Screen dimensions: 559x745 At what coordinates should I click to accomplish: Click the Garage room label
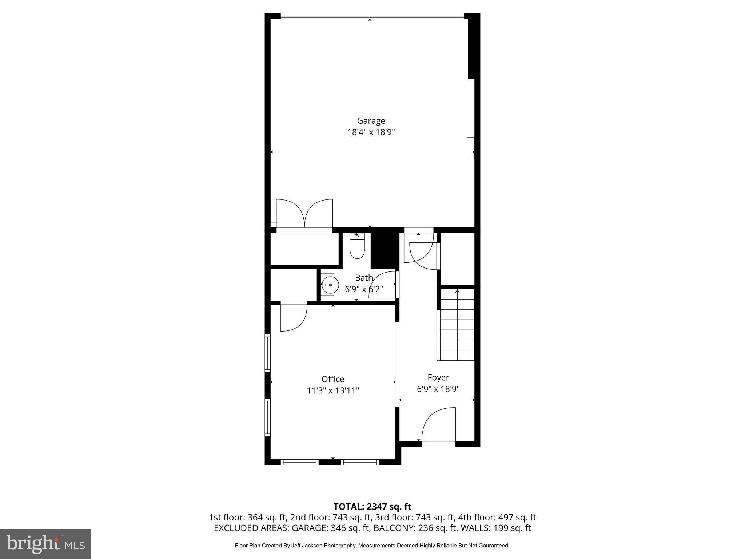(x=371, y=120)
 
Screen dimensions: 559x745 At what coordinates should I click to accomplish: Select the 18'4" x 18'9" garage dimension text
(x=371, y=132)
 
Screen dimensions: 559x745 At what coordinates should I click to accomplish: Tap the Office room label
(x=332, y=379)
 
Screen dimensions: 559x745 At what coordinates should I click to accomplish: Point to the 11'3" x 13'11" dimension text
(x=332, y=391)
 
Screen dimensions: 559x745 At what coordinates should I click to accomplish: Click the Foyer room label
(x=438, y=377)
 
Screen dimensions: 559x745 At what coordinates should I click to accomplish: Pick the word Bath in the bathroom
(x=364, y=278)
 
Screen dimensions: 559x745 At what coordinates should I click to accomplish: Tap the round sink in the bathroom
(x=330, y=285)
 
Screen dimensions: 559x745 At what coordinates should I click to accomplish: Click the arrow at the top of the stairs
(x=457, y=291)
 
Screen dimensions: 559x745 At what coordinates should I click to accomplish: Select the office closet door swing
(x=294, y=317)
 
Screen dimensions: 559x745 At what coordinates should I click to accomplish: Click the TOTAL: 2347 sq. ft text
(x=372, y=506)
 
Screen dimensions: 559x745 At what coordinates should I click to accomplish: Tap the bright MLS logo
(x=45, y=544)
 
